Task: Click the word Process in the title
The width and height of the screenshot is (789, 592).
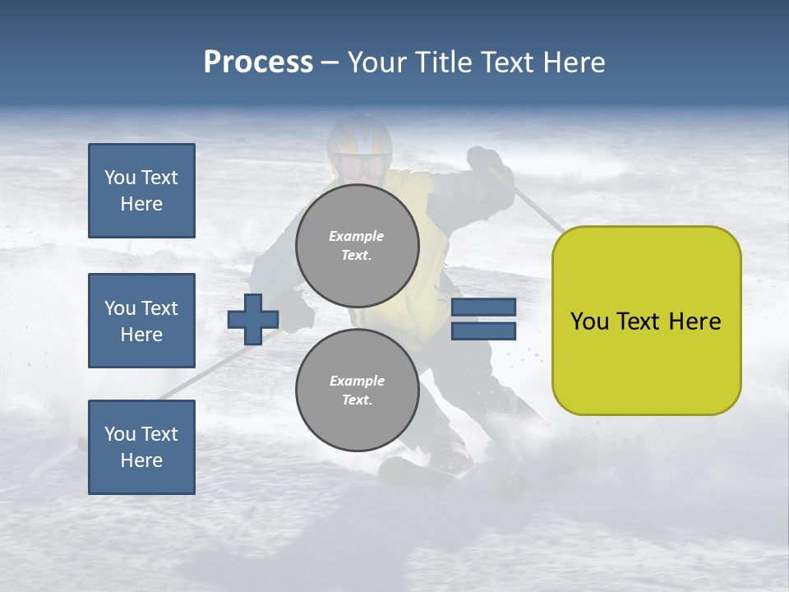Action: point(258,62)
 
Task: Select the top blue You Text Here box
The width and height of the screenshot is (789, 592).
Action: point(141,191)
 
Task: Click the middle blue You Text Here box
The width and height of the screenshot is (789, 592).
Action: point(141,321)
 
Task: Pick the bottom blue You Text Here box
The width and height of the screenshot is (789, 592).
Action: point(141,446)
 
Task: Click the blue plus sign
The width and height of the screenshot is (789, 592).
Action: point(252,319)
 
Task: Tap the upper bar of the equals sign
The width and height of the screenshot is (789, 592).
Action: point(483,308)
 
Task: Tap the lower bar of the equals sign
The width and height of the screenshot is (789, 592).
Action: point(483,331)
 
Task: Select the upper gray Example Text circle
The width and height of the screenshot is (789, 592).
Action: point(357,246)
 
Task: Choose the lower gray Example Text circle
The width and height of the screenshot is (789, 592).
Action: point(357,391)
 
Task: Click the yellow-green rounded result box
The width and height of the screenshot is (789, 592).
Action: point(646,321)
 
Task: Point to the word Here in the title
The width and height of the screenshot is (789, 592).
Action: point(574,62)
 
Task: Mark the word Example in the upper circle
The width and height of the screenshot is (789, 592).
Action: point(357,236)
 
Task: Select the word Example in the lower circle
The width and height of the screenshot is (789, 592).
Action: point(357,381)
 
